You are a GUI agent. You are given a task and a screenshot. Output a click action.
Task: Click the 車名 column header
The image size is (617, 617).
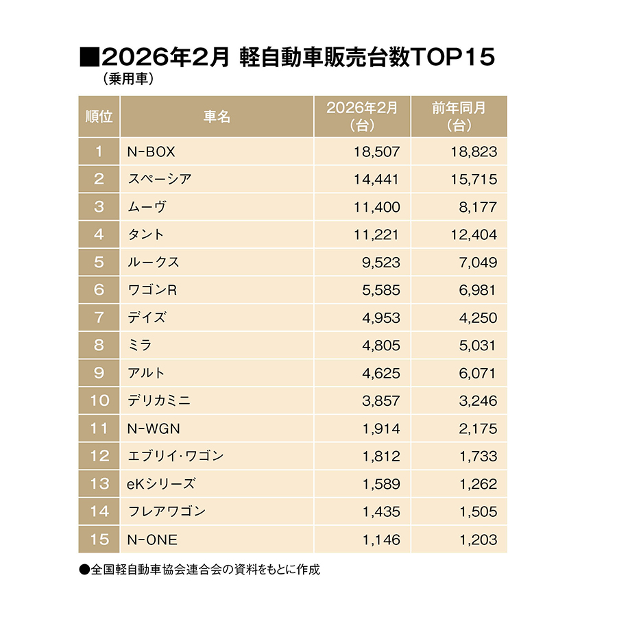(x=217, y=117)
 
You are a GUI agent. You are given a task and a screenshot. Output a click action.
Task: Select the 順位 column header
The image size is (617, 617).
(x=99, y=117)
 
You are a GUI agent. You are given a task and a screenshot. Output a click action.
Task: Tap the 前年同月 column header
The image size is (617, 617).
(x=459, y=117)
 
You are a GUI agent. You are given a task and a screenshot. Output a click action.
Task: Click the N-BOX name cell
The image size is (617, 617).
(x=147, y=152)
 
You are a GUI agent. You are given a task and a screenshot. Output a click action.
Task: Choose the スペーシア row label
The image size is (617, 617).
(x=159, y=180)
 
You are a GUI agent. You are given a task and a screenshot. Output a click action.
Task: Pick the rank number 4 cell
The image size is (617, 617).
(x=99, y=234)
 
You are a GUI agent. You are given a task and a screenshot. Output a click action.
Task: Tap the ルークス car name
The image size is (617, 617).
(x=154, y=263)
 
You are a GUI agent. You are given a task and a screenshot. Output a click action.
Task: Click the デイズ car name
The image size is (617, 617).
(x=147, y=318)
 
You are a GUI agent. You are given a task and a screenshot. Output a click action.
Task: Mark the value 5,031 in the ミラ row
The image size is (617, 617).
(x=474, y=346)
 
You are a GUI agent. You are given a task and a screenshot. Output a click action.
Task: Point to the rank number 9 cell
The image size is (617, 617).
(x=99, y=374)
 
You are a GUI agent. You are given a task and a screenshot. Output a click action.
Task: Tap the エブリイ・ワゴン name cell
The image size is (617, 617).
(x=176, y=457)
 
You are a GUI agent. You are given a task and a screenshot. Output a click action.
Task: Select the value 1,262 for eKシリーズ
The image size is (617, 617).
(x=474, y=484)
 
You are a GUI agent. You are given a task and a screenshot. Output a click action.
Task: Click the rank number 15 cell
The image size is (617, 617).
(x=99, y=540)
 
